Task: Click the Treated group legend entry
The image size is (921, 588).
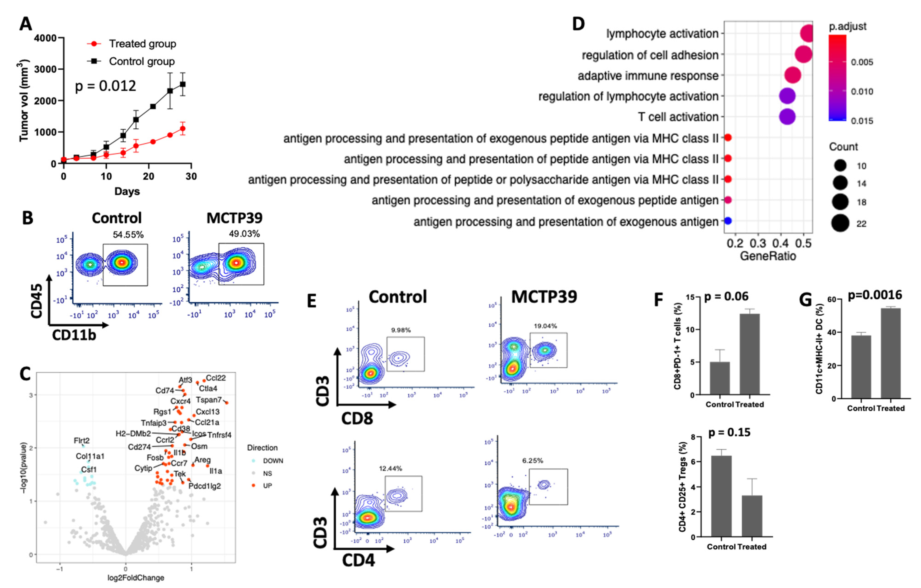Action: click(142, 44)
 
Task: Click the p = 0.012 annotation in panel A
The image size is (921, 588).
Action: click(106, 86)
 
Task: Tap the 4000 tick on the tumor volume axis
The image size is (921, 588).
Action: click(45, 38)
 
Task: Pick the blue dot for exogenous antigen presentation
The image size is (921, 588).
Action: click(728, 221)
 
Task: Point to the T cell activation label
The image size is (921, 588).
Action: click(678, 117)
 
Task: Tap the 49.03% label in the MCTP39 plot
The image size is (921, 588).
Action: click(245, 234)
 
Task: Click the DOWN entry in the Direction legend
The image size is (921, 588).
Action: click(273, 461)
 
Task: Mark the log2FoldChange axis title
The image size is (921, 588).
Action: click(136, 578)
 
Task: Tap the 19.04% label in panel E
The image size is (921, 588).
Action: click(545, 326)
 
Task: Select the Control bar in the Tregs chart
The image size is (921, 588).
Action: click(721, 496)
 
